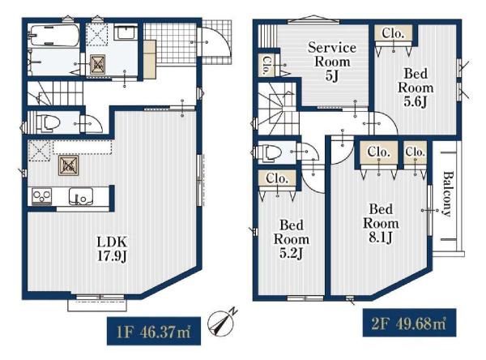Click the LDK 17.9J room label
click(113, 249)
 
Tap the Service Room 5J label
click(332, 62)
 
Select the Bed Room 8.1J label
click(381, 223)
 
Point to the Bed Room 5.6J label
click(416, 88)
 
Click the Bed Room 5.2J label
click(292, 239)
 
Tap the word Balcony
click(446, 193)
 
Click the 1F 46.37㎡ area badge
click(154, 331)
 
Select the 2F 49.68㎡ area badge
click(409, 323)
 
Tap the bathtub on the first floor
click(53, 36)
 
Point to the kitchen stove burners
click(41, 196)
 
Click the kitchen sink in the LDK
click(80, 196)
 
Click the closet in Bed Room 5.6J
click(394, 33)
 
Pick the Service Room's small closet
click(266, 65)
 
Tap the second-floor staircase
click(277, 108)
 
